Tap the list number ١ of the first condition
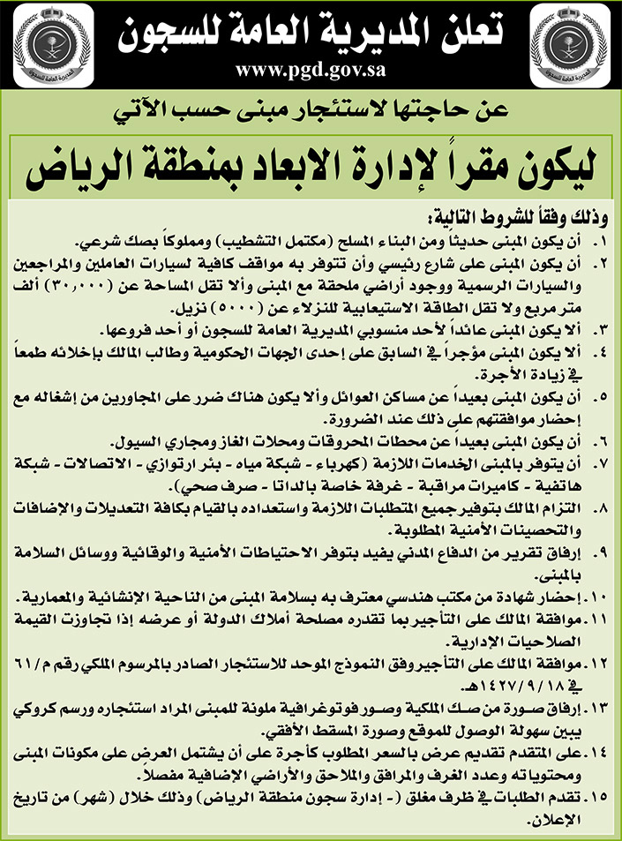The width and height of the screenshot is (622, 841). coord(601,241)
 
